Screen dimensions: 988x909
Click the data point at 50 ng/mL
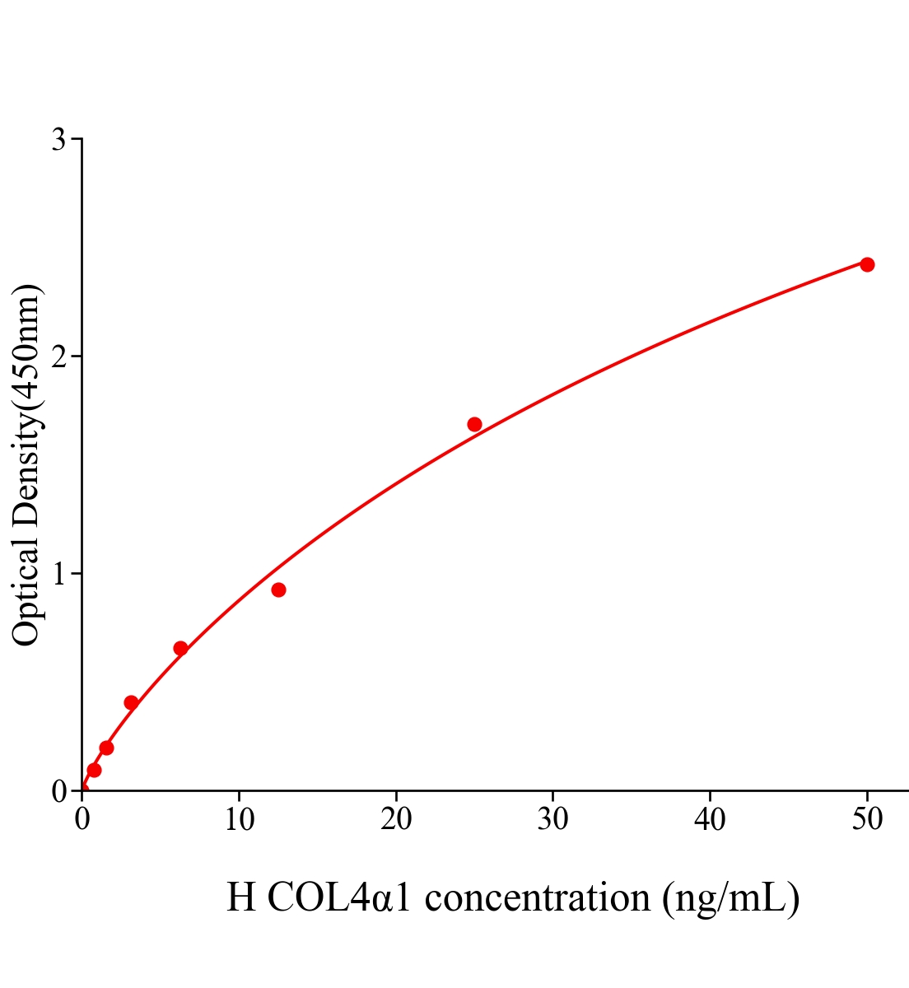[x=867, y=264]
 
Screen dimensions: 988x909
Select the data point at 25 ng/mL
[x=474, y=425]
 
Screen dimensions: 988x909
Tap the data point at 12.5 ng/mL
[x=278, y=590]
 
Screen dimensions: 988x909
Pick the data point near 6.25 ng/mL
[x=180, y=649]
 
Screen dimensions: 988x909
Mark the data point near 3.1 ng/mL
[x=131, y=702]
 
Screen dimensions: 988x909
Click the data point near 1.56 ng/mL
[x=106, y=748]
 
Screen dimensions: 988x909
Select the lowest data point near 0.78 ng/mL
[x=94, y=770]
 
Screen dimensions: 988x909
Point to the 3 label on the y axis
[x=59, y=140]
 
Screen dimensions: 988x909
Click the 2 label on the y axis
[x=59, y=357]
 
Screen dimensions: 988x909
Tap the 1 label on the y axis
[x=59, y=574]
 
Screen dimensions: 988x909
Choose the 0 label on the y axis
[x=59, y=791]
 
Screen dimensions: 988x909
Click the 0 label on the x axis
[x=82, y=820]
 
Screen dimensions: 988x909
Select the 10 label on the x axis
[x=239, y=820]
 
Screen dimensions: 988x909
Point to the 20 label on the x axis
[x=396, y=820]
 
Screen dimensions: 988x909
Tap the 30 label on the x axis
[x=552, y=820]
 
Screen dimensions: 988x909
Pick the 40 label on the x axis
[x=710, y=820]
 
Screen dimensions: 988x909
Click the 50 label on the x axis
[x=866, y=820]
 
